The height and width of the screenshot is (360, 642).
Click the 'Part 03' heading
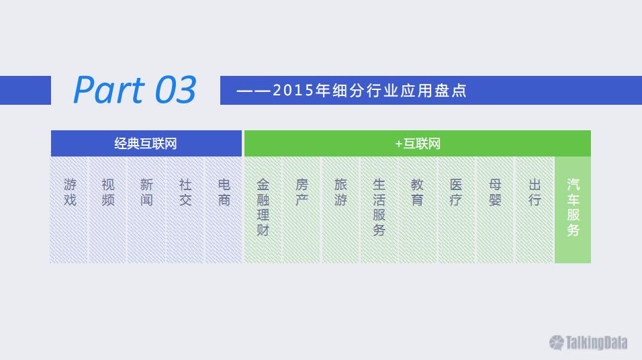click(135, 90)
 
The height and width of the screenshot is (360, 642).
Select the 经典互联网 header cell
click(146, 143)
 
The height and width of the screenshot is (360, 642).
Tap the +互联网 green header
click(417, 143)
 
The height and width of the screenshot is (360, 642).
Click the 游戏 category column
click(69, 210)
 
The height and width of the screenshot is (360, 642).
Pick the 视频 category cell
click(107, 210)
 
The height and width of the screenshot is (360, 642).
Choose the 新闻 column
click(146, 210)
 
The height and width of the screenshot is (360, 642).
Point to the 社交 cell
click(185, 210)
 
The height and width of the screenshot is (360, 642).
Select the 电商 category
click(224, 210)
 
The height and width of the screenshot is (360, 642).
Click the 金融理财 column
click(263, 210)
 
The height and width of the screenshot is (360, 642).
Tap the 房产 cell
click(302, 210)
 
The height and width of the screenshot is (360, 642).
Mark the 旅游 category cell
click(340, 210)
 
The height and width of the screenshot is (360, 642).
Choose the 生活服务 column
click(379, 210)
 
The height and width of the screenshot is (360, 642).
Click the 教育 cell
click(417, 210)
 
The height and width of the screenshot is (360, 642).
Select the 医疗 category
click(456, 210)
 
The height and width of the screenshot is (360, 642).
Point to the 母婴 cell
click(495, 210)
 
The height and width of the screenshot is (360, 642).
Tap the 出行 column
click(534, 210)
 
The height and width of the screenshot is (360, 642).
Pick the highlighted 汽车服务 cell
click(573, 210)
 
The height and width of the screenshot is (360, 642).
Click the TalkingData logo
click(588, 343)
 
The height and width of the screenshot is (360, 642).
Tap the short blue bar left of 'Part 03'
click(26, 90)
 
